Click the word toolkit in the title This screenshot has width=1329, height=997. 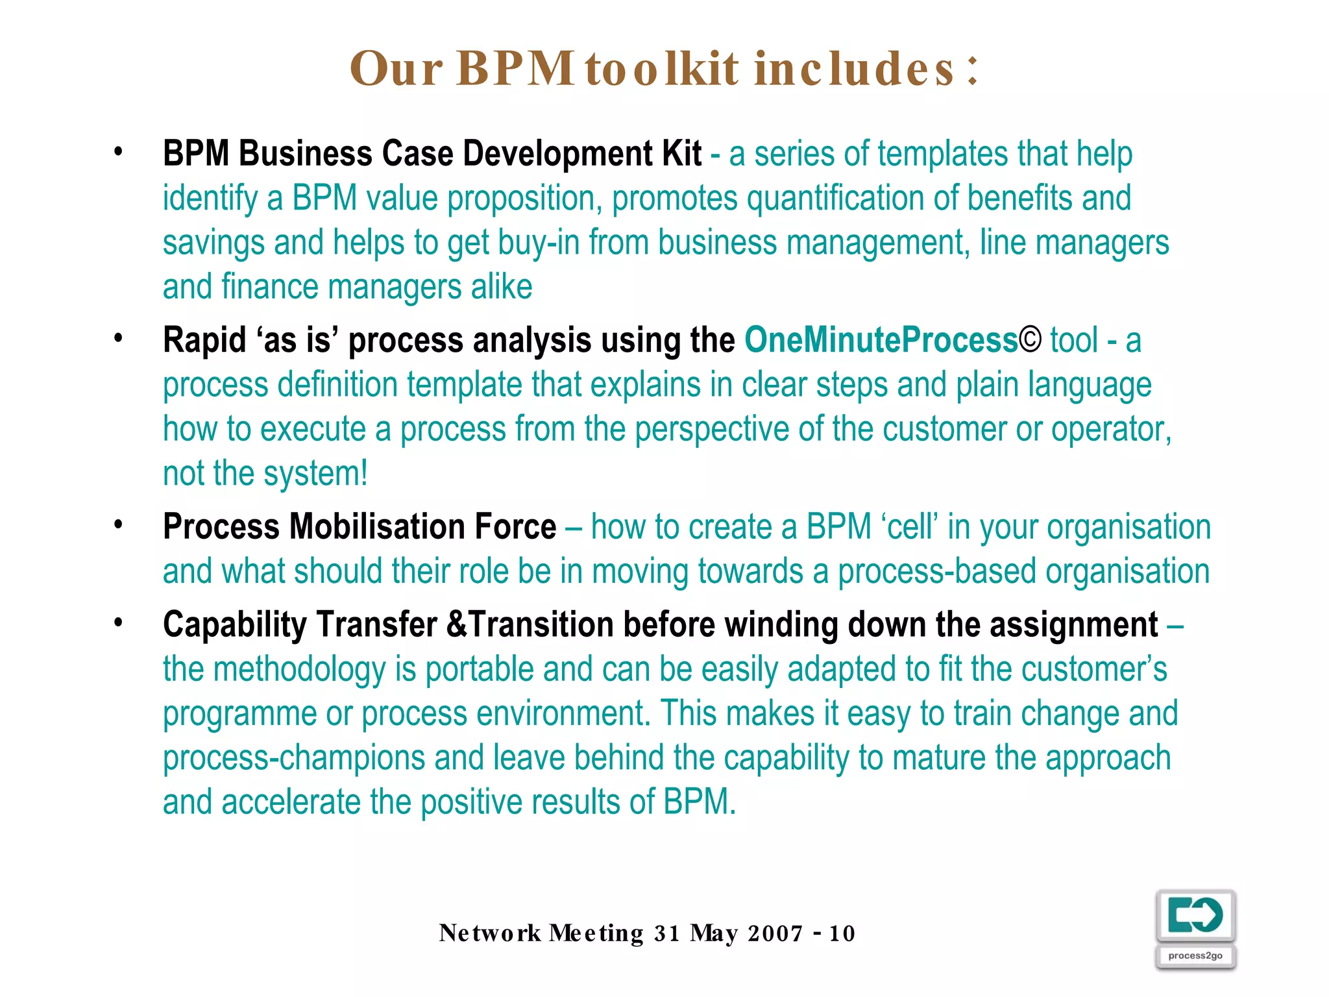(x=661, y=68)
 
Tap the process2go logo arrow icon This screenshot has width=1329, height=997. (x=1195, y=915)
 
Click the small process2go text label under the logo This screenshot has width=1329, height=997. (x=1195, y=955)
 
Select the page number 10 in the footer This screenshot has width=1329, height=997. (x=842, y=933)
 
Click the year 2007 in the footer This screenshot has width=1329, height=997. (x=775, y=933)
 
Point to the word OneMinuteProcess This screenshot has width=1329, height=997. (x=881, y=340)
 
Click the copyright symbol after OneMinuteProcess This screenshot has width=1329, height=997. (x=1030, y=340)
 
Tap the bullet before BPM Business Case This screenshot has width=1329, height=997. (x=118, y=153)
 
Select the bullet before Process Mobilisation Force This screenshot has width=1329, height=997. (x=118, y=524)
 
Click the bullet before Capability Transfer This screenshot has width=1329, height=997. (x=118, y=623)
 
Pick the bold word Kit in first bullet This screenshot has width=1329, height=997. (x=681, y=154)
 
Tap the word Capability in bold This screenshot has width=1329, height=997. (x=235, y=625)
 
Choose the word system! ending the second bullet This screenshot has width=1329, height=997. (x=316, y=474)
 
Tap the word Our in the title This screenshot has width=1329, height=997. (x=396, y=68)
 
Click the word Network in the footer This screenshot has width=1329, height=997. (x=490, y=933)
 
